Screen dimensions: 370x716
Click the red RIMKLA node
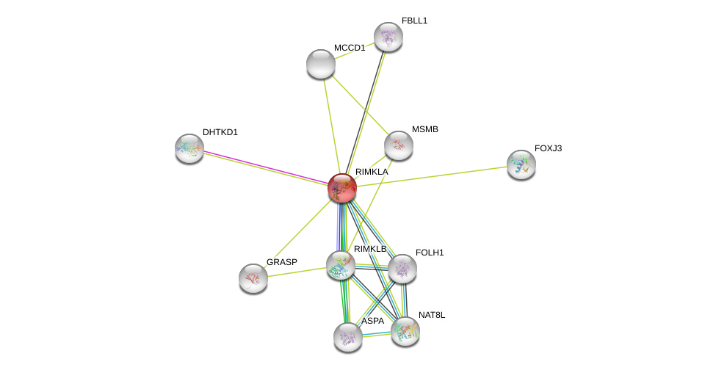coord(341,188)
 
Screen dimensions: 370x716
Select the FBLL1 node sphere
coord(388,37)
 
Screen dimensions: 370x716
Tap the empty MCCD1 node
coord(321,64)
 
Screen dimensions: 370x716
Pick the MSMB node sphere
coord(398,145)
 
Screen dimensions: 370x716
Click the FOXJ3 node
coord(521,164)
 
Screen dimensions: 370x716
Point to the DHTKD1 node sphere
coord(189,148)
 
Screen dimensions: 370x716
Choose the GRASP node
coord(253,278)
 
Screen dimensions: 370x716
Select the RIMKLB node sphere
coord(340,265)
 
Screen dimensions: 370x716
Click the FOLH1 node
coord(402,269)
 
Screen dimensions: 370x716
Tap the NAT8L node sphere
coord(405,331)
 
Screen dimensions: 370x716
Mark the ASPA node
coord(347,337)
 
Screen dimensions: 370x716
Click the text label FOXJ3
coord(548,148)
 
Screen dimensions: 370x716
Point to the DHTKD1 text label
coord(220,132)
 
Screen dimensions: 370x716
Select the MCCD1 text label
coord(349,48)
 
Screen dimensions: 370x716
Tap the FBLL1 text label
coord(414,21)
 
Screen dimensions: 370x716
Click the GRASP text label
coord(282,262)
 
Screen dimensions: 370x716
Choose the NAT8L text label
coord(432,315)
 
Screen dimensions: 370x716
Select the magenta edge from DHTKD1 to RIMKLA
coord(264,167)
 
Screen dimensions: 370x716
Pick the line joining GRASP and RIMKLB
coord(297,272)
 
